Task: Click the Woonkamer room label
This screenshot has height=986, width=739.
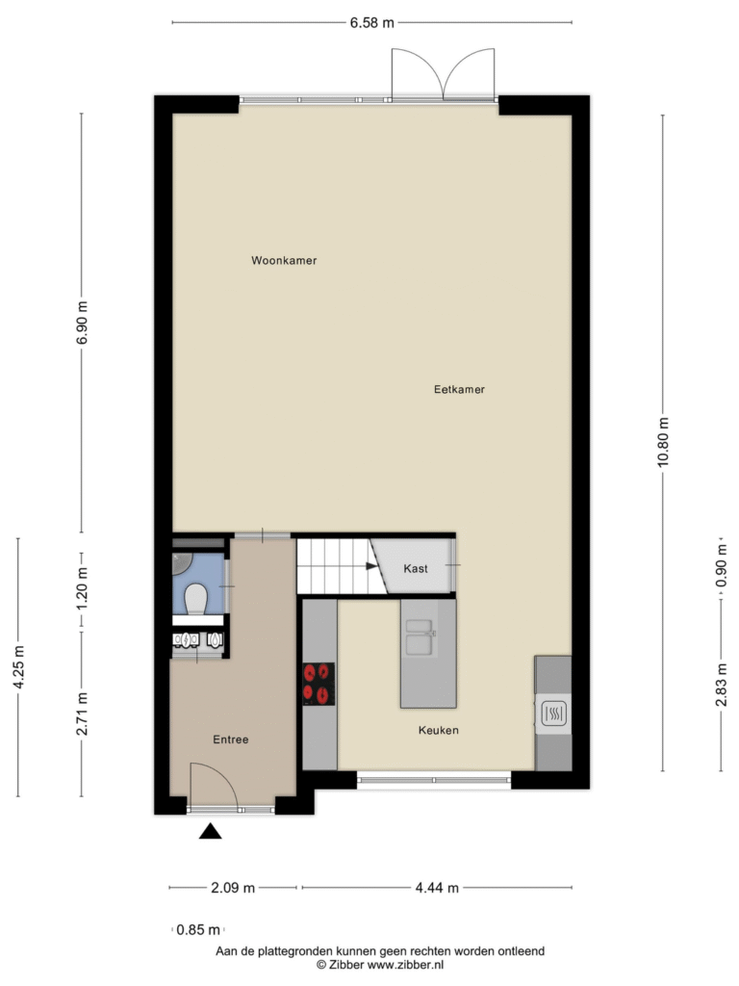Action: point(284,260)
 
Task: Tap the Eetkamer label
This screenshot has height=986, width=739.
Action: point(459,389)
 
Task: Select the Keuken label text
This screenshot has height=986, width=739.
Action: point(439,730)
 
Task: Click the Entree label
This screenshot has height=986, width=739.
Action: point(231,739)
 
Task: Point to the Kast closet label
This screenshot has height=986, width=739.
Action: point(416,568)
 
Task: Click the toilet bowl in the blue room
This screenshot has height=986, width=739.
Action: point(196,599)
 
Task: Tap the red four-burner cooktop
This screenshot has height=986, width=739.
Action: point(319,685)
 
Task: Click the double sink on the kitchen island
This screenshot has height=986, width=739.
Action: point(420,637)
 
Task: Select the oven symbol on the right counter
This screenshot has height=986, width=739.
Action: point(553,714)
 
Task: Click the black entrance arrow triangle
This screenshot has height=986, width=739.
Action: point(211,831)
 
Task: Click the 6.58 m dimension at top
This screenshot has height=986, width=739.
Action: point(372,23)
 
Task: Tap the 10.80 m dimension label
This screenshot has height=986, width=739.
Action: point(663,442)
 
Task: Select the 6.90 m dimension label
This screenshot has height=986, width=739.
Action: point(82,323)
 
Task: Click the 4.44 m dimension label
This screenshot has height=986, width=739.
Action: point(437,888)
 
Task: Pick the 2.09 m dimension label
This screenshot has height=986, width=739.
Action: point(233,888)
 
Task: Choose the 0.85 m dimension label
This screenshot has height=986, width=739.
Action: point(198,929)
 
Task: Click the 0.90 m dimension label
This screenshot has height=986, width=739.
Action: point(722,565)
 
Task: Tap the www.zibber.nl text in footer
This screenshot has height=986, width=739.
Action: point(405,965)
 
